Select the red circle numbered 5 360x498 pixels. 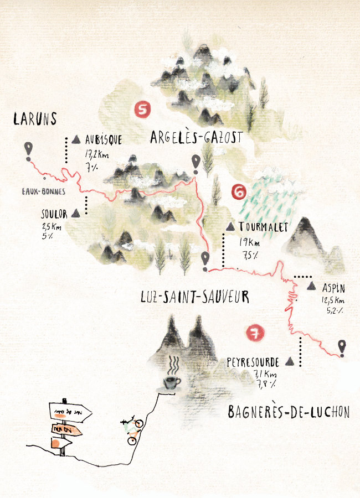(x=143, y=110)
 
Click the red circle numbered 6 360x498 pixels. (x=238, y=192)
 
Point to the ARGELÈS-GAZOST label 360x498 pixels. (x=196, y=137)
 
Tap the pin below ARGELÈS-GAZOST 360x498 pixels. (x=195, y=162)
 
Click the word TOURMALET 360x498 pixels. (x=264, y=227)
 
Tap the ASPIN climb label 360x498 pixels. (x=333, y=287)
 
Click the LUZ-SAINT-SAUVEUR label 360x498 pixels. (x=195, y=297)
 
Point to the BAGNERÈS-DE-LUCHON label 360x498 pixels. (x=289, y=412)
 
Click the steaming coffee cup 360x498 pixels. (x=172, y=382)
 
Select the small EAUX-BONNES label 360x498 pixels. (x=44, y=191)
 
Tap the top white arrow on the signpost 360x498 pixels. (x=70, y=412)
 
